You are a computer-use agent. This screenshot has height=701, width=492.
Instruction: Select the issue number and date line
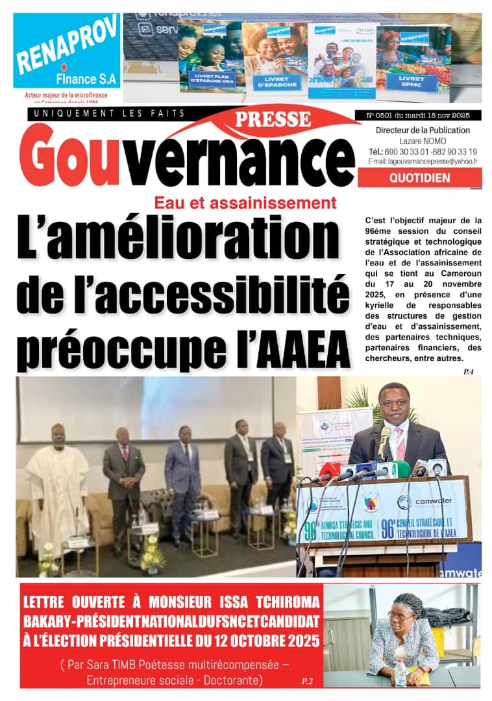423,115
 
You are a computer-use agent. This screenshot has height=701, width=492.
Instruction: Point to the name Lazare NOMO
420,141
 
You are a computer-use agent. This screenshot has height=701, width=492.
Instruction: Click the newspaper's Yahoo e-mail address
422,161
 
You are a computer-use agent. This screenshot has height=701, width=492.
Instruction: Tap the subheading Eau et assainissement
245,203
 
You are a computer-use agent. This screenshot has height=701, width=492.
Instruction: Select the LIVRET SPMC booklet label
413,83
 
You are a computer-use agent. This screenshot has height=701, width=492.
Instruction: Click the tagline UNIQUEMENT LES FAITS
107,114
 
